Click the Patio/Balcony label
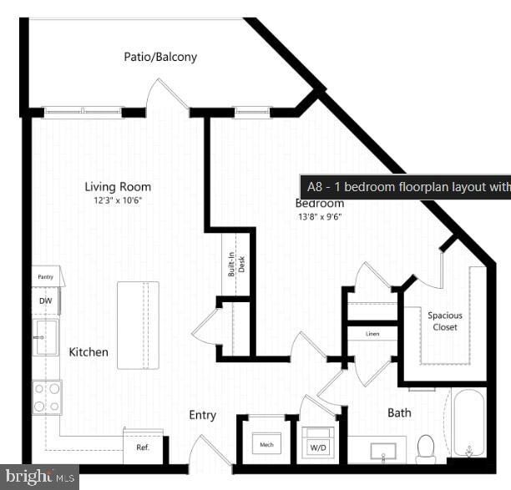point(160,57)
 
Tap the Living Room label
point(118,187)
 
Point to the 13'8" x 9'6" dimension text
point(320,217)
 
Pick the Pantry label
point(45,276)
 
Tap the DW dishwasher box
point(44,300)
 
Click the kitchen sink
point(46,337)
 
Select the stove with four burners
point(47,397)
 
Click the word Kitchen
point(89,352)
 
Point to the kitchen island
point(138,325)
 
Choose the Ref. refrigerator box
point(143,446)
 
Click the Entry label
point(202,415)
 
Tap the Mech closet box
point(267,444)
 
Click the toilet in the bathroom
point(426,447)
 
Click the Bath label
point(399,412)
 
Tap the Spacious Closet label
point(445,321)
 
